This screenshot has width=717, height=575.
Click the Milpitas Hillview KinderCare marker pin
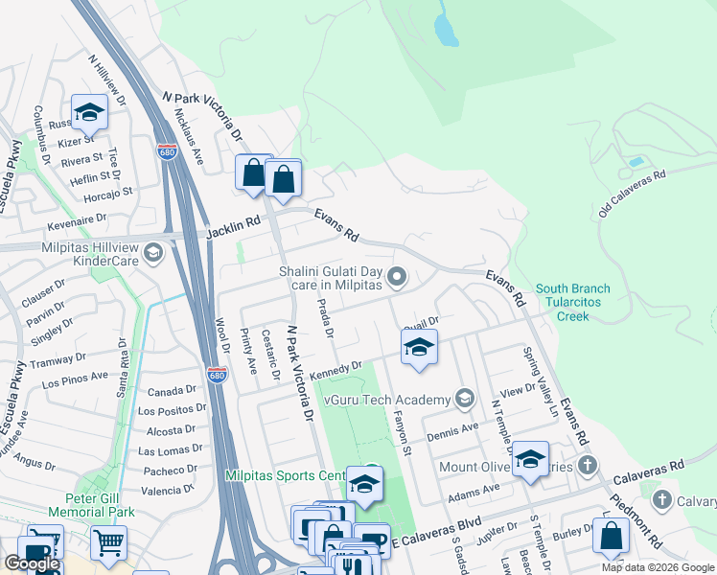(154, 254)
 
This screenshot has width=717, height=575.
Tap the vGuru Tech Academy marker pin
(464, 398)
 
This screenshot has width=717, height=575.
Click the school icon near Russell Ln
(89, 113)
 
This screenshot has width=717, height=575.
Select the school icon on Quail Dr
(419, 349)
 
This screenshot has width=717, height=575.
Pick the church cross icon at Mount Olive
(589, 467)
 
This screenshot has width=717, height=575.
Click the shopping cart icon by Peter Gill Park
(108, 543)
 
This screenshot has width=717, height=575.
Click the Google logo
(32, 563)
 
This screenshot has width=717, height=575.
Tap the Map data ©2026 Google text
(657, 567)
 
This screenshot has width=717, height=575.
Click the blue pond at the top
(446, 31)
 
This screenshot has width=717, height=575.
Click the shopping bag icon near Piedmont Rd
(611, 537)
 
